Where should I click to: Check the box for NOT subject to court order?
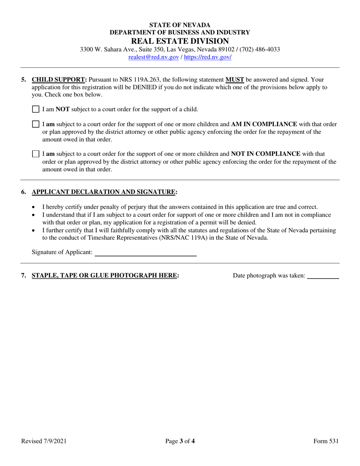coord(36,109)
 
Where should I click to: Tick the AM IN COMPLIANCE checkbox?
coord(36,124)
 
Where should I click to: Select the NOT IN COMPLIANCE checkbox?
coord(36,154)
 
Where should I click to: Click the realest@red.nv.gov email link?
coord(153,57)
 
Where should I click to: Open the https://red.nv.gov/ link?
coord(208,57)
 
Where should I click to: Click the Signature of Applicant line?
coord(145,253)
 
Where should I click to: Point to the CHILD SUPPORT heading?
coord(59,80)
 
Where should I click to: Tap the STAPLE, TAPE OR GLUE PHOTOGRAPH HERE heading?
coord(105,275)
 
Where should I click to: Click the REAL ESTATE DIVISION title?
coord(180,41)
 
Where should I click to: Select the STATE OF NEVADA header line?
coord(180,25)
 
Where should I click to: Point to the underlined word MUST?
coord(235,80)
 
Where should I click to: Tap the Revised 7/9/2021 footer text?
coord(44,441)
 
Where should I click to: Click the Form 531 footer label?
coord(326,441)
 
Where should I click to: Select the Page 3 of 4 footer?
coord(180,441)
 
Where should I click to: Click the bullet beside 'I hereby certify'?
coord(34,207)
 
